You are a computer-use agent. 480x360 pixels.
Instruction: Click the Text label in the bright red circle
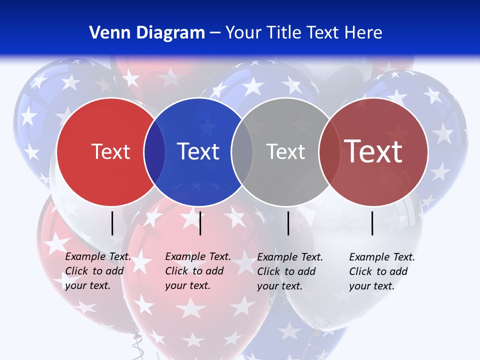coord(110,151)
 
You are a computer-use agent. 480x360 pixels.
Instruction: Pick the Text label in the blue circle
coord(198,151)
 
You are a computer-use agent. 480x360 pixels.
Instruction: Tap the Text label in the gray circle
coord(285,151)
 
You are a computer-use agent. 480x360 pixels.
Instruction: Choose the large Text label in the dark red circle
coord(373,151)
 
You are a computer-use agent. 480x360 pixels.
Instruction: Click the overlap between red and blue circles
coord(154,152)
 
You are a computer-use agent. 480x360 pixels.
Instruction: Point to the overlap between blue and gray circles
coord(242,152)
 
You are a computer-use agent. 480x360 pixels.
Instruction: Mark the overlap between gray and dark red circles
coord(329,152)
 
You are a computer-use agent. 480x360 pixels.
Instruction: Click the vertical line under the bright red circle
coord(112,223)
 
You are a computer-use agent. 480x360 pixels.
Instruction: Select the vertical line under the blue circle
coord(200,223)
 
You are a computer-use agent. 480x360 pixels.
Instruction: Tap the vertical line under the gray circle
coord(288,223)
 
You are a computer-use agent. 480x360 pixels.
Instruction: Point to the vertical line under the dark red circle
coord(372,223)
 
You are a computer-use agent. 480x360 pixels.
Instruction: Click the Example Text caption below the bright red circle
coord(98,271)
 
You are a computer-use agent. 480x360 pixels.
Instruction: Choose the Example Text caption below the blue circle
coord(198,271)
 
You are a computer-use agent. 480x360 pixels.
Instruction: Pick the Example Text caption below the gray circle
coord(290,271)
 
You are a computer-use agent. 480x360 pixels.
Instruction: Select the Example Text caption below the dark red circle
coord(382,271)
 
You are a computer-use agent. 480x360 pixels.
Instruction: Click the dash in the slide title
coord(215,33)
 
